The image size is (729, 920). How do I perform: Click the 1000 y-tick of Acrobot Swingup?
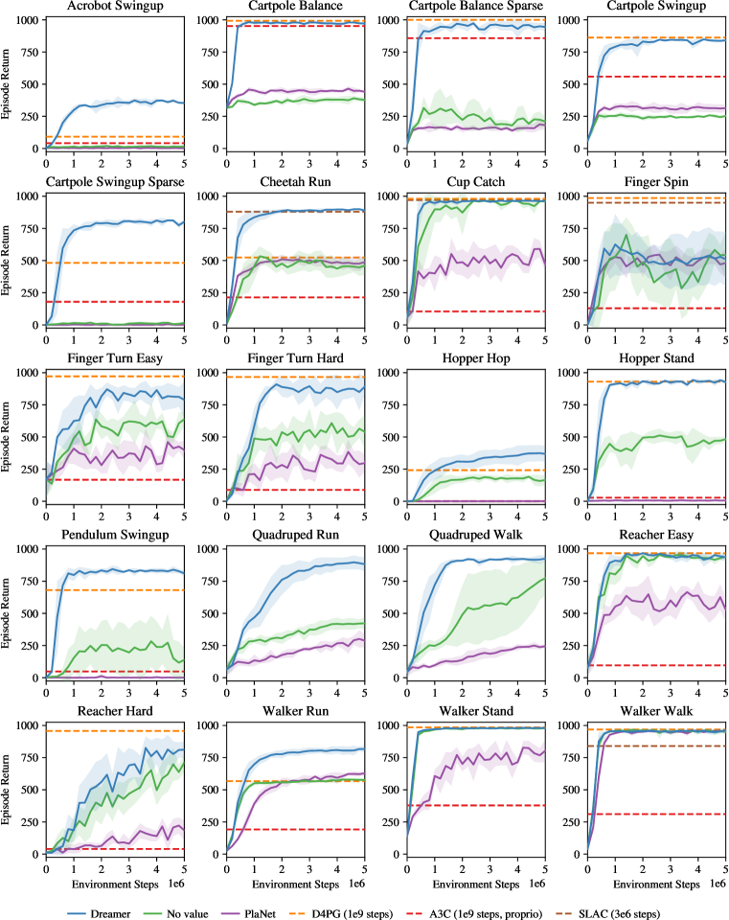pos(26,19)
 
